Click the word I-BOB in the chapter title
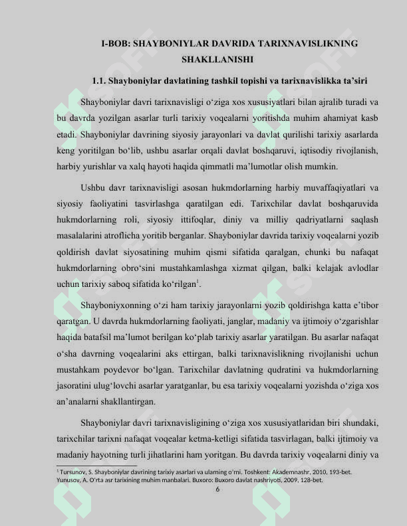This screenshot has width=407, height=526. [x=115, y=43]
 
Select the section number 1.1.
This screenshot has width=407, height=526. [x=100, y=81]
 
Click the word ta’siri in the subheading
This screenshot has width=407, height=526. [x=354, y=81]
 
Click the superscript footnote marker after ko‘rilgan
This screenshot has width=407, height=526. [x=200, y=282]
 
